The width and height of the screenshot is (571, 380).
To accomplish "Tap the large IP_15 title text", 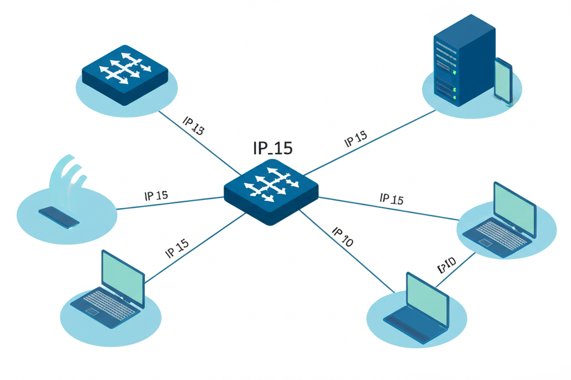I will [x=272, y=148].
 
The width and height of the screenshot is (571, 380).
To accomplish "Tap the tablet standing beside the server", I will [x=503, y=80].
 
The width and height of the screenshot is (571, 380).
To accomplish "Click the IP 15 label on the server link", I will [x=355, y=139].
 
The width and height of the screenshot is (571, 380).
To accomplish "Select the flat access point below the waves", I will [x=59, y=216].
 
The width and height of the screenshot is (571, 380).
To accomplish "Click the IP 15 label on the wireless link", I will [x=156, y=196].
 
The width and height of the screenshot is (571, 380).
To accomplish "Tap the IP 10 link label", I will [x=342, y=237].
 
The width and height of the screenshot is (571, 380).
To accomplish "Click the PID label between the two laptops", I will [x=447, y=265].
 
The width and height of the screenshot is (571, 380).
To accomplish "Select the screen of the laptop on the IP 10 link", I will [x=427, y=298].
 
